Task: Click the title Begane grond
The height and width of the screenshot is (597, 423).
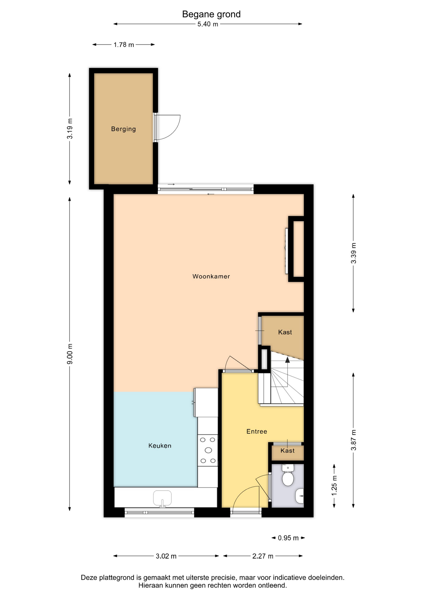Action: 211,14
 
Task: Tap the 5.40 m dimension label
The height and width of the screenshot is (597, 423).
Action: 208,24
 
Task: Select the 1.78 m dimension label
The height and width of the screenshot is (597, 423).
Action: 124,45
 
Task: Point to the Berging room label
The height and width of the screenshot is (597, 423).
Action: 123,129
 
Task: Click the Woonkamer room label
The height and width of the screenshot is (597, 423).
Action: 211,276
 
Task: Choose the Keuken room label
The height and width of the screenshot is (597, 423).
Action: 160,446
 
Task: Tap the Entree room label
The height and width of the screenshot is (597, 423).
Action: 257,431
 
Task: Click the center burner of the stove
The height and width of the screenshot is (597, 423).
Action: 208,450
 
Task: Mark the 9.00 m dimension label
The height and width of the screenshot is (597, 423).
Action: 70,354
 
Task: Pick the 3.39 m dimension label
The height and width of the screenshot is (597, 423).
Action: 354,253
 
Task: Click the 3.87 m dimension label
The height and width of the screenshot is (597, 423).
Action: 354,440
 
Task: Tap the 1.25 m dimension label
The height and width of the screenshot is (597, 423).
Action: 334,486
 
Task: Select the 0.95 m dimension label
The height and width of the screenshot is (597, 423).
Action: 288,538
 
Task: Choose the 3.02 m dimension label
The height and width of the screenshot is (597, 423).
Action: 166,556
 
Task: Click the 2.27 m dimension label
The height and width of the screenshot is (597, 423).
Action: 263,556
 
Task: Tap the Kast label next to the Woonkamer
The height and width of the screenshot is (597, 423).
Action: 285,332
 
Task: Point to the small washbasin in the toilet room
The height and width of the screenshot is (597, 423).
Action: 299,496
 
